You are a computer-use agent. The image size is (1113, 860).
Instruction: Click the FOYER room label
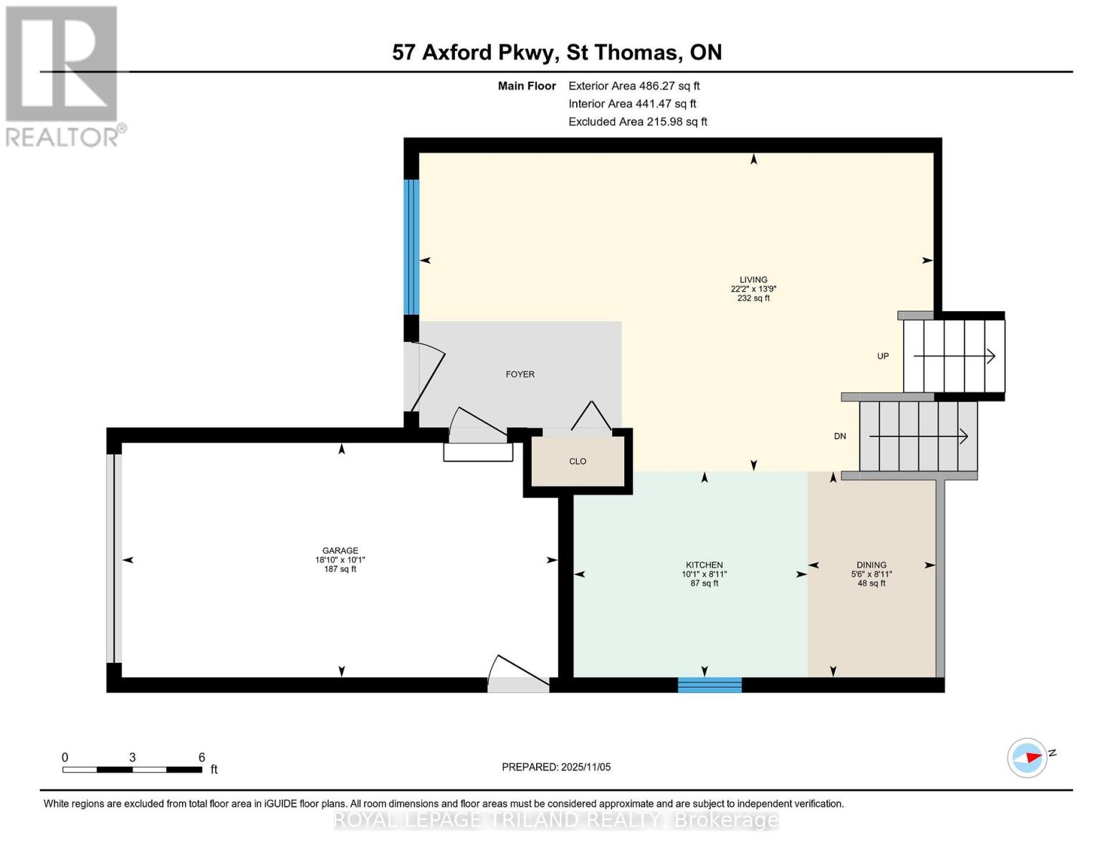[520, 374]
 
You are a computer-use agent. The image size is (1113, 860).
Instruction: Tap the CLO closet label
[578, 462]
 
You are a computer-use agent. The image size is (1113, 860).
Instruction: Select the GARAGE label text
[340, 550]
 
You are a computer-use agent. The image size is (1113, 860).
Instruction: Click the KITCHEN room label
[704, 565]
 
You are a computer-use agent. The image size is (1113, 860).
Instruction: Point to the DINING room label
[871, 565]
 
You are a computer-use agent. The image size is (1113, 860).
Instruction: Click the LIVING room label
[753, 279]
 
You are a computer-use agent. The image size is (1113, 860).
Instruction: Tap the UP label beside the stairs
[883, 356]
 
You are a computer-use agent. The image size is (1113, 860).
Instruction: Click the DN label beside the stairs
[840, 436]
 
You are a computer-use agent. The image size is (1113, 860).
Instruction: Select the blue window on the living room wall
[411, 247]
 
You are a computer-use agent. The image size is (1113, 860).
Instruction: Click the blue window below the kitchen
[710, 684]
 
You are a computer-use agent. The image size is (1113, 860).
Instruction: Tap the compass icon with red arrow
[1027, 758]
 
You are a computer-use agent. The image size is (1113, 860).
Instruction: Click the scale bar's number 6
[201, 758]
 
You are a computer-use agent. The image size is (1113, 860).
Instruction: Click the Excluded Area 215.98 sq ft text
[637, 122]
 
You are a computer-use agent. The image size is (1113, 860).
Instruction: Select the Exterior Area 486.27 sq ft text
[634, 86]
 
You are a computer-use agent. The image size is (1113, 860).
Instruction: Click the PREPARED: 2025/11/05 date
[556, 767]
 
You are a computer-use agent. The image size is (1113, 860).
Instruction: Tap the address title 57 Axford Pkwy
[474, 52]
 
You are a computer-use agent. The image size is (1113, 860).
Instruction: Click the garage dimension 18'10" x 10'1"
[340, 560]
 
